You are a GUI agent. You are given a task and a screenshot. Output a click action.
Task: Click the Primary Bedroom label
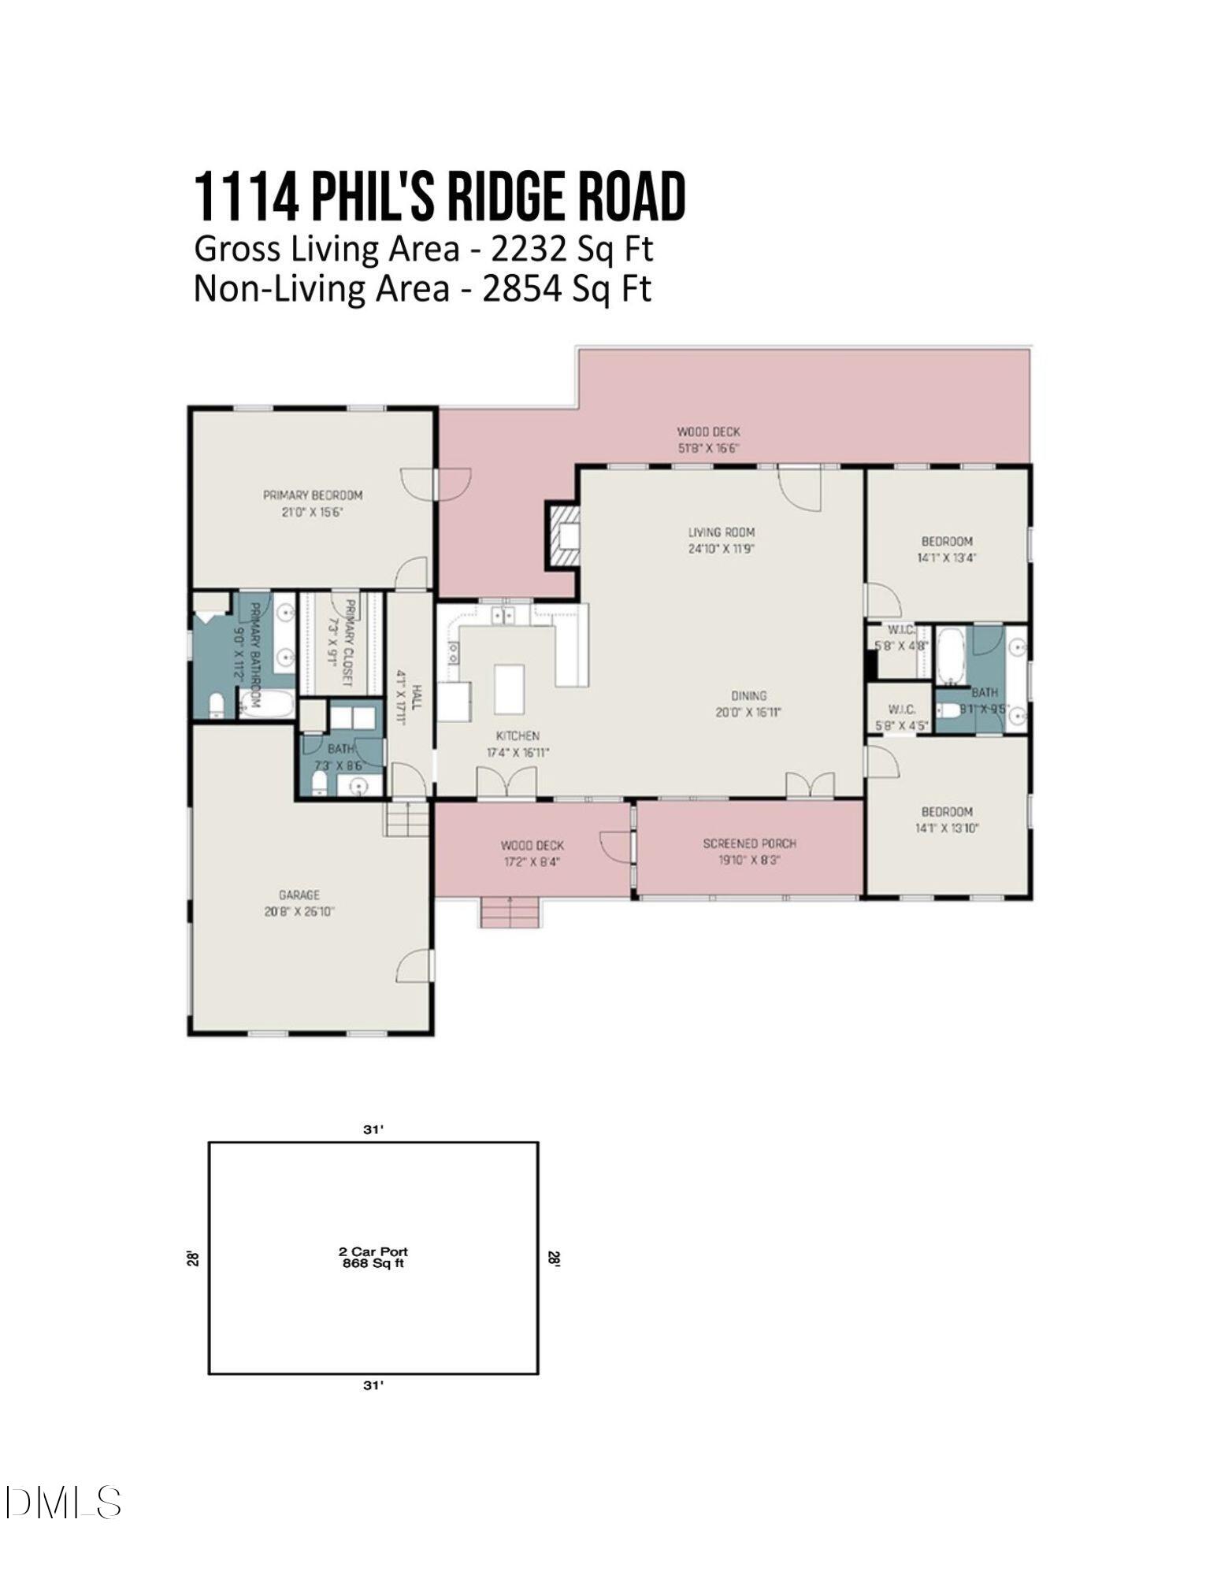[x=313, y=495]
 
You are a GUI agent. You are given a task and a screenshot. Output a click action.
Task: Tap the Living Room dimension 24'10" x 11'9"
[x=721, y=549]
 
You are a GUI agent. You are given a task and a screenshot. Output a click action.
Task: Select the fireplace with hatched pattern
[x=565, y=535]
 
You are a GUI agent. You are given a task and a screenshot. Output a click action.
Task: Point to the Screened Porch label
[x=749, y=843]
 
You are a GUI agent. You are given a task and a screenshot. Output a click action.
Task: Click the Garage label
[x=299, y=895]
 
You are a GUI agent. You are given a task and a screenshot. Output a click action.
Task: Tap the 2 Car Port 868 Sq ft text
[x=373, y=1257]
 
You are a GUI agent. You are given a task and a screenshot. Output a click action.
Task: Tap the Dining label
[x=748, y=696]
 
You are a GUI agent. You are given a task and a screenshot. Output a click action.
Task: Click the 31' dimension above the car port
[x=373, y=1129]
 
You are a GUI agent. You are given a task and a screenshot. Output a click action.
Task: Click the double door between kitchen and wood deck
[x=507, y=784]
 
